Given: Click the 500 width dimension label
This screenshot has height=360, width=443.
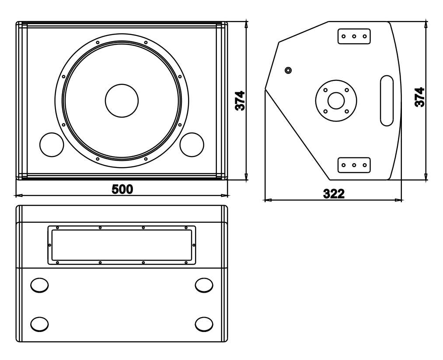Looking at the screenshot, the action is click(x=122, y=189).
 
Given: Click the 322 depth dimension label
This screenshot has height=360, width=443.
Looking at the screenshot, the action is click(x=334, y=194).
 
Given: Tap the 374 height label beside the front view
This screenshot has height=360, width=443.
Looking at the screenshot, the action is click(x=240, y=101).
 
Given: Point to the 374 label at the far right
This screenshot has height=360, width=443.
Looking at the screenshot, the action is click(x=419, y=97).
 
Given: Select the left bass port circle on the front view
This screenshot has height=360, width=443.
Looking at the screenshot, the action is click(x=52, y=145).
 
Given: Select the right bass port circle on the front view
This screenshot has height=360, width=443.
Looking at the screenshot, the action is click(x=192, y=145).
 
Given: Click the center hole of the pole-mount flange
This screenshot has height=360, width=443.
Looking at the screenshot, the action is click(x=336, y=101).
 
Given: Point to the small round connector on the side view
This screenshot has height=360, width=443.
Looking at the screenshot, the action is click(x=288, y=70).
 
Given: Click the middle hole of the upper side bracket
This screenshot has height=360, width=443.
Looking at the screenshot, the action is click(x=354, y=36).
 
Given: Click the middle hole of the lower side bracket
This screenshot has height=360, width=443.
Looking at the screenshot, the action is click(x=354, y=165).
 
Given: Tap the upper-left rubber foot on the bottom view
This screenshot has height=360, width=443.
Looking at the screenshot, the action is click(x=39, y=285).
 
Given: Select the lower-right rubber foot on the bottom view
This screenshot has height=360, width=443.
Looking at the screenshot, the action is click(x=204, y=324).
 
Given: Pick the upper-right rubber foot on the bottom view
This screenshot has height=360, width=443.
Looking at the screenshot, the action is click(x=204, y=285).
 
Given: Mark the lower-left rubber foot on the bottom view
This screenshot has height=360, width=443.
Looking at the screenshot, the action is click(x=39, y=324).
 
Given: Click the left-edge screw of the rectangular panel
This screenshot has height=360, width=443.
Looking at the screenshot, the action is click(x=50, y=245).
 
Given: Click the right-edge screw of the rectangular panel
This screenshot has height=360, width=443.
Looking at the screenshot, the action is click(x=194, y=245).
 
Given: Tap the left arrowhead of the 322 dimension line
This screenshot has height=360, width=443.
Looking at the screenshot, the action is click(x=267, y=200).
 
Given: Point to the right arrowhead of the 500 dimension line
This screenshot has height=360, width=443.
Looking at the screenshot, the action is click(x=225, y=195).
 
